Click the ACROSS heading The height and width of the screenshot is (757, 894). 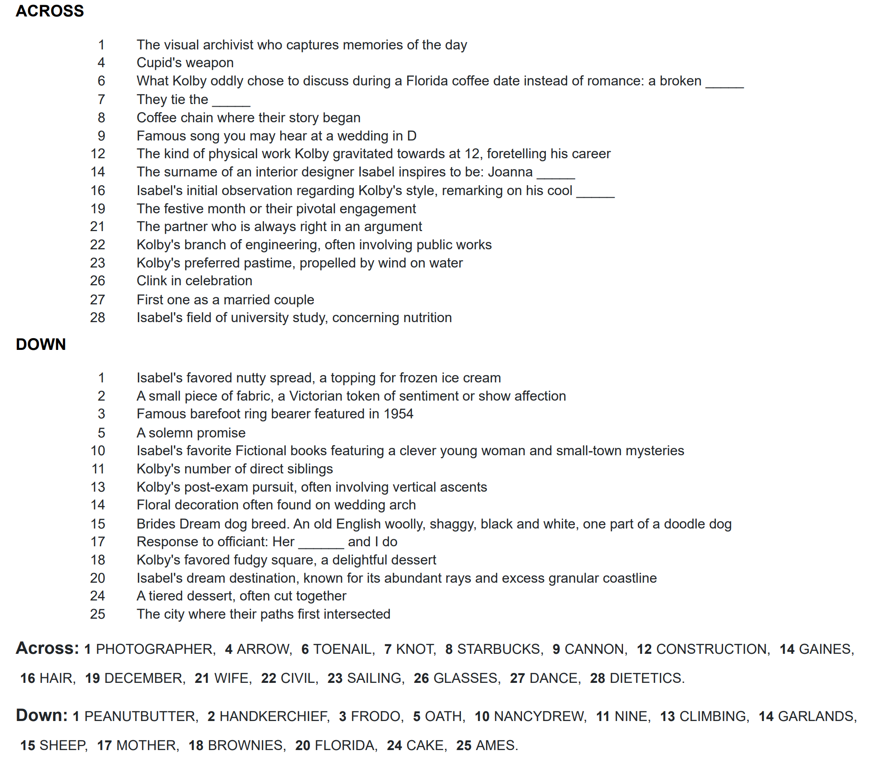click(50, 11)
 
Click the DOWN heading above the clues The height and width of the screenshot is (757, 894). click(41, 345)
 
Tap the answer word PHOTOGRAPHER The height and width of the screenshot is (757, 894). click(155, 649)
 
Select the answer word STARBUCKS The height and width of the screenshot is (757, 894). click(499, 649)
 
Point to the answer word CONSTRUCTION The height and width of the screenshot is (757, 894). click(712, 649)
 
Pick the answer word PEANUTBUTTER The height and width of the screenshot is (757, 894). click(140, 716)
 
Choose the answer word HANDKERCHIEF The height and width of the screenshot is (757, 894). click(274, 716)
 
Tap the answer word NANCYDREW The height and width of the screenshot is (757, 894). click(539, 716)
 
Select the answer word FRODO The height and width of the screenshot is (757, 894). click(375, 716)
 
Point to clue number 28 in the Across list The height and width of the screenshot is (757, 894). click(98, 318)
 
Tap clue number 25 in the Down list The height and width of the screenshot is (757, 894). click(98, 614)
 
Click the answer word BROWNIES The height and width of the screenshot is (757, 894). click(246, 745)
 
